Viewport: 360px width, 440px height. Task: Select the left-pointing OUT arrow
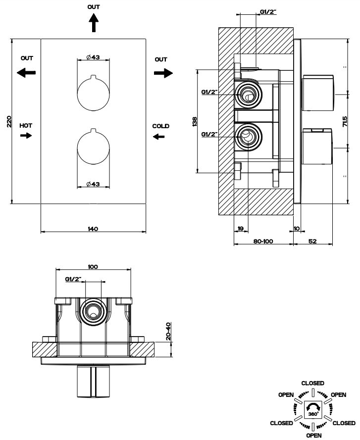[26, 72]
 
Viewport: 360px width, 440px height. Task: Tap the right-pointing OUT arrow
[163, 72]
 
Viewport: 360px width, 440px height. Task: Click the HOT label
[26, 126]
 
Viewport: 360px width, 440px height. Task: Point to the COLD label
[160, 126]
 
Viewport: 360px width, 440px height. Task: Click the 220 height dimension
[9, 121]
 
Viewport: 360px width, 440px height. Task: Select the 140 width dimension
[93, 229]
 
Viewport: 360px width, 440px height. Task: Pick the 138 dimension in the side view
[195, 121]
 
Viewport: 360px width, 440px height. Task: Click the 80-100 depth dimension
[262, 242]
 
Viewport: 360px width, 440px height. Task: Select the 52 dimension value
[312, 242]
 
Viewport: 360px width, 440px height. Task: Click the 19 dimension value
[240, 228]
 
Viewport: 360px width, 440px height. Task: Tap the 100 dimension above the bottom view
[93, 267]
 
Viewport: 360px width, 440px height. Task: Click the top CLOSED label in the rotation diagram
[313, 383]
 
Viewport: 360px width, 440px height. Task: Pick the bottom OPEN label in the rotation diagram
[313, 436]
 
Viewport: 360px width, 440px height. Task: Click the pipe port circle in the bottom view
[93, 311]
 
